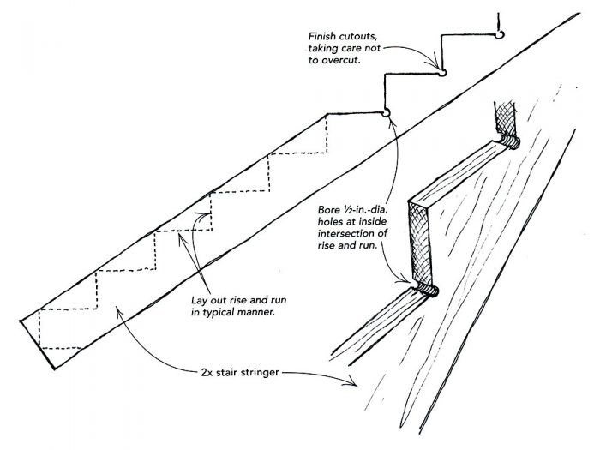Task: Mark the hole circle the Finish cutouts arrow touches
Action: pyautogui.click(x=443, y=73)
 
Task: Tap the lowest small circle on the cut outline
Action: pyautogui.click(x=386, y=111)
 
